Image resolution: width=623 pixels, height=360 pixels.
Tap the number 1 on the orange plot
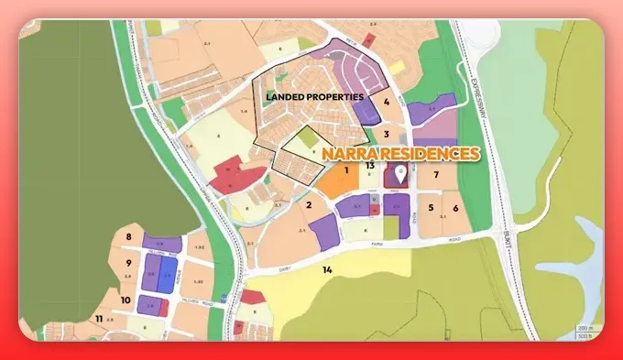pyautogui.click(x=346, y=169)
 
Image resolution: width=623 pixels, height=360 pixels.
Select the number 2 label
pyautogui.click(x=310, y=204)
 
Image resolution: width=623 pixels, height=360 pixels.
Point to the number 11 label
pyautogui.click(x=98, y=318)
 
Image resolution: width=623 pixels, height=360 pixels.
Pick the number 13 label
pyautogui.click(x=370, y=166)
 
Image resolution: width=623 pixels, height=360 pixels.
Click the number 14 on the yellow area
pyautogui.click(x=326, y=269)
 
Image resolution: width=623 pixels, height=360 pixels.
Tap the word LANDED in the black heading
pyautogui.click(x=287, y=96)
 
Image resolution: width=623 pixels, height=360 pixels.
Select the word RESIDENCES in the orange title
pyautogui.click(x=426, y=153)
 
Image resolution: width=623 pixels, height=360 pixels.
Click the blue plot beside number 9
pyautogui.click(x=167, y=275)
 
